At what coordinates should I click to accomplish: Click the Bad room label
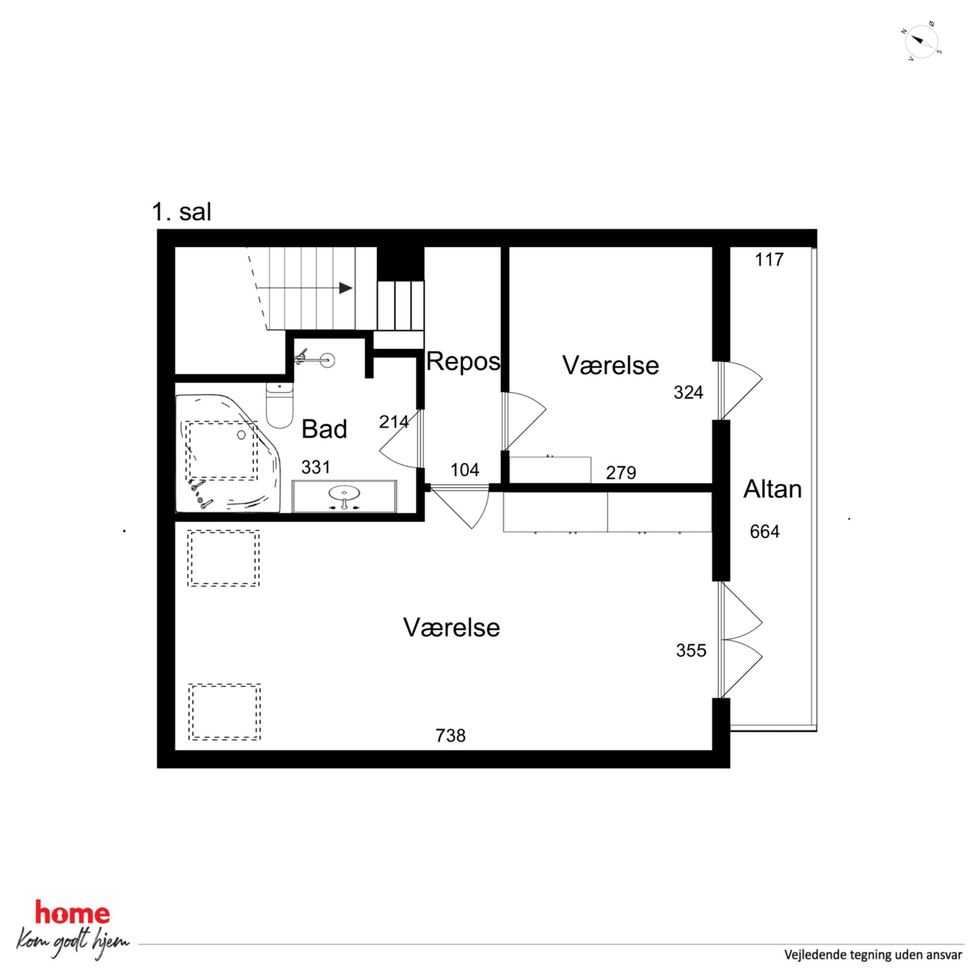point(324,429)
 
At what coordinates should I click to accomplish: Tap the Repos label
point(463,361)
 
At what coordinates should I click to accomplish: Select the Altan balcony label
point(772,489)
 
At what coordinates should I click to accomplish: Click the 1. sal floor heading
point(182,212)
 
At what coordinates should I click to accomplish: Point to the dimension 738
point(451,736)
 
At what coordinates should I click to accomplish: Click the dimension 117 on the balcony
point(769,259)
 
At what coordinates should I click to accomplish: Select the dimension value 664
point(765,531)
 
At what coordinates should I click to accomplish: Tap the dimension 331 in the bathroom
point(316,467)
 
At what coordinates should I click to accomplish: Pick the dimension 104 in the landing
point(464,470)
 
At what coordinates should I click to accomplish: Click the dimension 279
point(621,472)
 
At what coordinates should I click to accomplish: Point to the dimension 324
point(689,392)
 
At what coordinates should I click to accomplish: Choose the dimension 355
point(691,650)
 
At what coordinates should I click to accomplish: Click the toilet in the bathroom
point(280,406)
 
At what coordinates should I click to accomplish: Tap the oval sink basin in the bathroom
point(344,492)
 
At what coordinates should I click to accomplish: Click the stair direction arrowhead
point(345,288)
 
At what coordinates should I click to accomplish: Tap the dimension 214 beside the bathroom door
point(394,422)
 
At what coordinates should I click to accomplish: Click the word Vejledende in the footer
point(813,954)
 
